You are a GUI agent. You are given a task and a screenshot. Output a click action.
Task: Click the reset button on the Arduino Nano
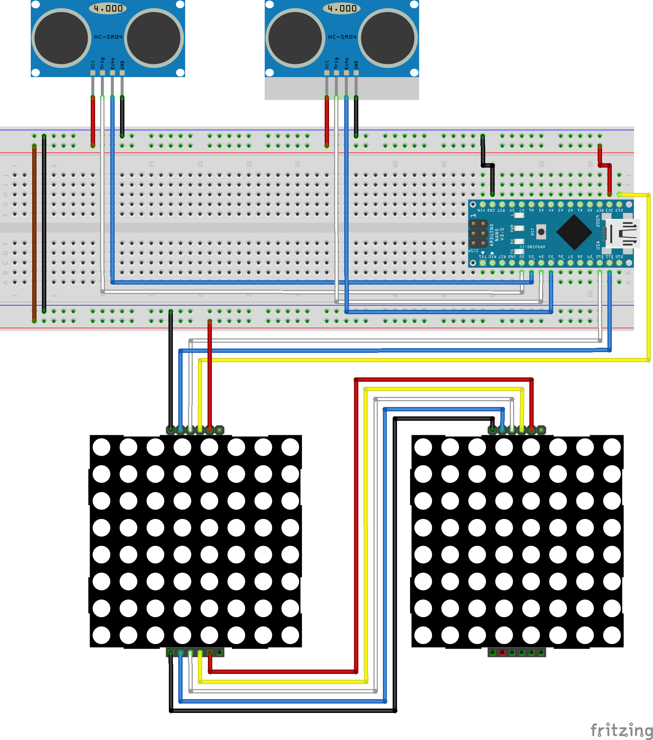click(x=541, y=232)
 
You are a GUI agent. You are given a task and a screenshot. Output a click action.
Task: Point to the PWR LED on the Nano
click(x=519, y=229)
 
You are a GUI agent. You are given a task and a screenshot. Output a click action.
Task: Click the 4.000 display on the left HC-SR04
click(x=108, y=8)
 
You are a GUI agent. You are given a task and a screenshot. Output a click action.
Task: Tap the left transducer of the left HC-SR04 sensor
click(x=61, y=38)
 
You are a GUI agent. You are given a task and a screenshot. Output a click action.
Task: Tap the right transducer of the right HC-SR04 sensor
click(x=388, y=38)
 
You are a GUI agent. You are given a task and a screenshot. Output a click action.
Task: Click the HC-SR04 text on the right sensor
click(x=342, y=37)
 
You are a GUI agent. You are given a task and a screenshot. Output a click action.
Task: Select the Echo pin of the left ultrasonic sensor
click(x=112, y=73)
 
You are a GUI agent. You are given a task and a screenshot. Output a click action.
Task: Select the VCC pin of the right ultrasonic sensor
click(x=326, y=73)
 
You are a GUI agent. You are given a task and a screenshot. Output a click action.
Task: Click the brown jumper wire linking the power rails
click(x=34, y=232)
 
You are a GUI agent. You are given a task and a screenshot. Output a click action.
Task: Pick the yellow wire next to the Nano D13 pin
click(x=648, y=275)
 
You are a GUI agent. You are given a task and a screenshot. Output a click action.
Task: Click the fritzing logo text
click(x=621, y=730)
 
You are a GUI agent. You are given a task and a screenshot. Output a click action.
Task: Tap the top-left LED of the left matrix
click(x=102, y=447)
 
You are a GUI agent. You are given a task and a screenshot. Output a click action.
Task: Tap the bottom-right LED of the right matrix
click(x=612, y=635)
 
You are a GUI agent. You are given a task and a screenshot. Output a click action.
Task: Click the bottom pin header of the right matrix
click(x=516, y=652)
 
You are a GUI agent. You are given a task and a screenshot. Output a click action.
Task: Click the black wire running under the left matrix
click(x=283, y=711)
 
